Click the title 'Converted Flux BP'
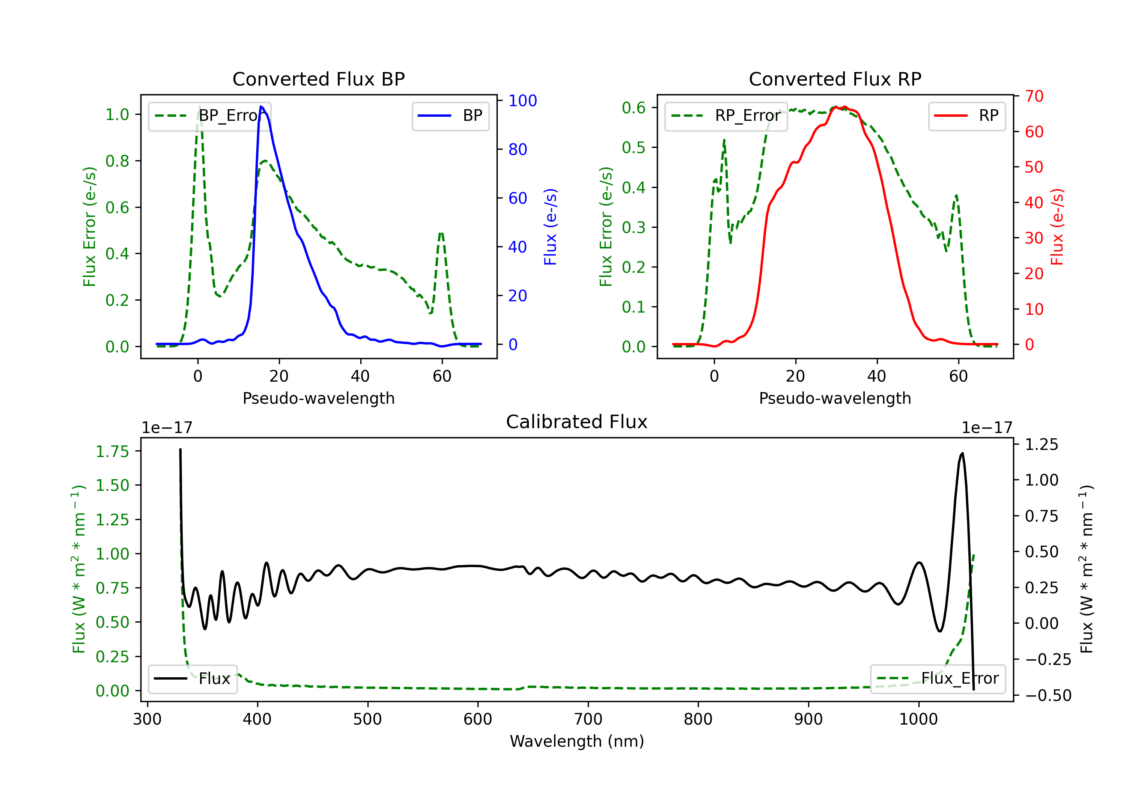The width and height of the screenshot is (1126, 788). pyautogui.click(x=318, y=79)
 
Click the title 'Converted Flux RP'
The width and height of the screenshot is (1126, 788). pyautogui.click(x=835, y=79)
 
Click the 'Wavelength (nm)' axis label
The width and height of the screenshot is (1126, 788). pyautogui.click(x=577, y=741)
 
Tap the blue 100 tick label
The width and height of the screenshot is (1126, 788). pyautogui.click(x=522, y=101)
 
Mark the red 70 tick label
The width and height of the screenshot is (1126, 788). pyautogui.click(x=1034, y=96)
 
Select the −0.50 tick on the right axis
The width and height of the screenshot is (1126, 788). pyautogui.click(x=1048, y=695)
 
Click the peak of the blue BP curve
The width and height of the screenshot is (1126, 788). pyautogui.click(x=261, y=107)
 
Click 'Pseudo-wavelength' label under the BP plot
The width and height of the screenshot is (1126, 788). pyautogui.click(x=318, y=398)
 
